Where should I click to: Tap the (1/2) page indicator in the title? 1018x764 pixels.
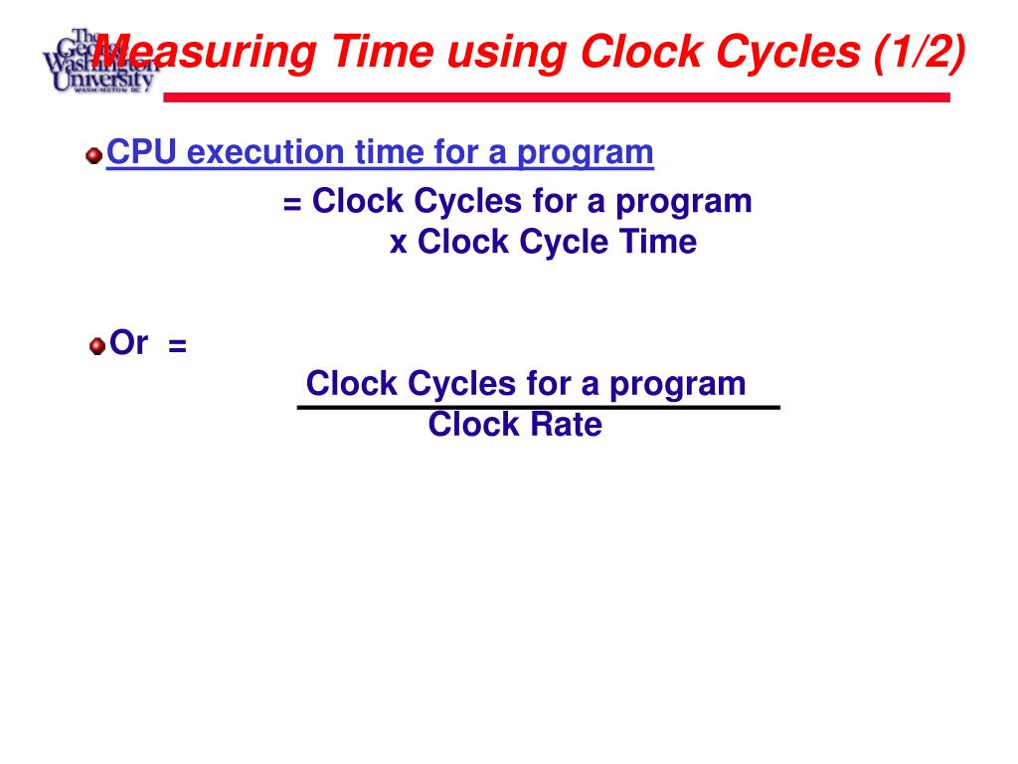click(x=919, y=52)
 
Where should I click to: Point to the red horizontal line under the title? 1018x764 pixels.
click(x=556, y=97)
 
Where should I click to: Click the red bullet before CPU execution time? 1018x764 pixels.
click(x=94, y=155)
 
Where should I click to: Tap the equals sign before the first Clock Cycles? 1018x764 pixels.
click(x=292, y=203)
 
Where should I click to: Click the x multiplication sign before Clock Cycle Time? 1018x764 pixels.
click(x=399, y=243)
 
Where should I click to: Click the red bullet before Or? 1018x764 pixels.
click(x=96, y=346)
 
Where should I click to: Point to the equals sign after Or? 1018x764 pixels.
click(x=178, y=345)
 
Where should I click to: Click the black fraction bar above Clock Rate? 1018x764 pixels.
click(x=539, y=407)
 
